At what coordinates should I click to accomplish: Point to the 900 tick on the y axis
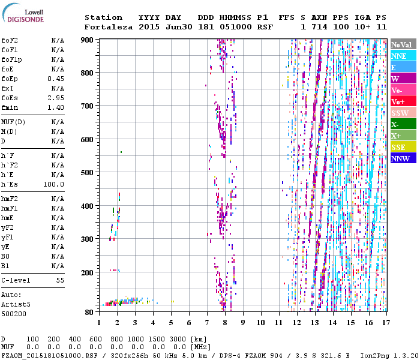[x=88, y=40]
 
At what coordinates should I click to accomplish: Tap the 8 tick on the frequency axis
[x=225, y=322]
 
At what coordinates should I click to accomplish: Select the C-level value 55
[x=60, y=280]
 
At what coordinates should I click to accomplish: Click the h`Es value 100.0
[x=53, y=184]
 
